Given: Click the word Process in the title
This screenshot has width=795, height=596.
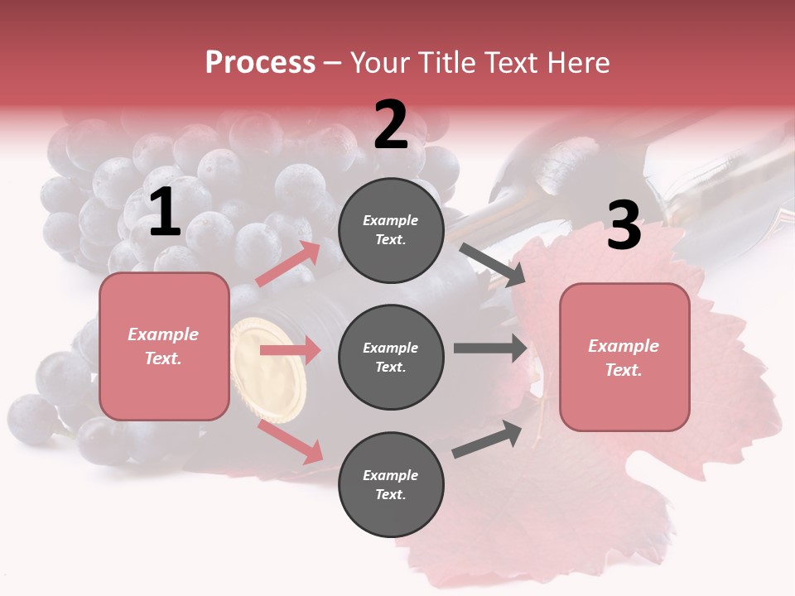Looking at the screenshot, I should [x=260, y=63].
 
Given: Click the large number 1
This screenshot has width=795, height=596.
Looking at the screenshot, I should [x=165, y=214].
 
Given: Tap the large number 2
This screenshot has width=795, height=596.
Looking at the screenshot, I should [x=391, y=126].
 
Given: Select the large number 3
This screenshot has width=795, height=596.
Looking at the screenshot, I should [x=624, y=226].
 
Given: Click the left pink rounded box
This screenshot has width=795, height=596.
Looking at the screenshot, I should [x=164, y=346].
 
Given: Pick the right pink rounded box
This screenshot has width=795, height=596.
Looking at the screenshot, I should [x=624, y=358].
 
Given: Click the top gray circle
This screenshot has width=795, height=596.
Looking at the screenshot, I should [x=391, y=230].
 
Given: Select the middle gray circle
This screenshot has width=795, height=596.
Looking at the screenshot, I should [x=391, y=357].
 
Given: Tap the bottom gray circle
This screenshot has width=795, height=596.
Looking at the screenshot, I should [x=391, y=484].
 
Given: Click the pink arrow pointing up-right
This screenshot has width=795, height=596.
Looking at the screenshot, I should [x=288, y=264].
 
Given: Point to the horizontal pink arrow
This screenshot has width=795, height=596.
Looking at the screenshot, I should [x=290, y=350].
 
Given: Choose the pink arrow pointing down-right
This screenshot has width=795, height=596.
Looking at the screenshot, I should [x=291, y=442].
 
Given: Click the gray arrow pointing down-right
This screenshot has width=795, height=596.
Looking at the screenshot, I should [x=492, y=264].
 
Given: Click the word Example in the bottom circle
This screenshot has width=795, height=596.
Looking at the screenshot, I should [x=391, y=475].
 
